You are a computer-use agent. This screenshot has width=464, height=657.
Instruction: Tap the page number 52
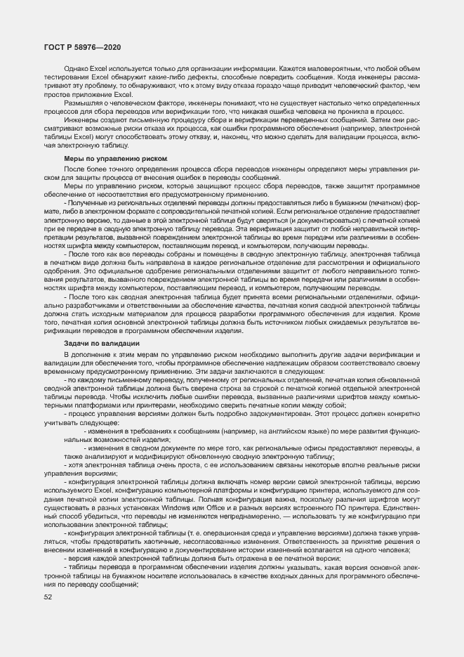48,597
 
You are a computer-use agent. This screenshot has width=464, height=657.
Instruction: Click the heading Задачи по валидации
101,342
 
